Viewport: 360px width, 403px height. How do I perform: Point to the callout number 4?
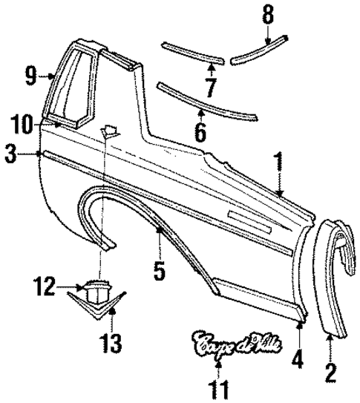[x=297, y=359]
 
